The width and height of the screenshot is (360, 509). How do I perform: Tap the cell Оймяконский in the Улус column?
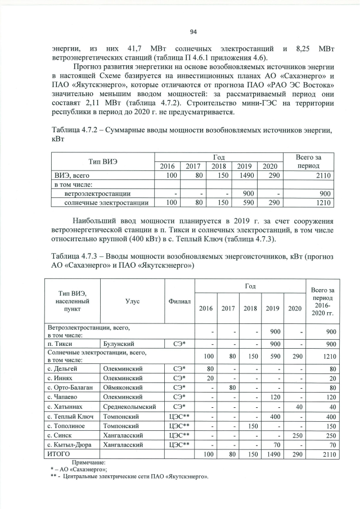[x=121, y=388]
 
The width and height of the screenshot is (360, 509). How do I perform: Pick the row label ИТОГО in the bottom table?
[x=58, y=453]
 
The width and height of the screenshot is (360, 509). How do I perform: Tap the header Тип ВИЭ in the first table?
[x=100, y=161]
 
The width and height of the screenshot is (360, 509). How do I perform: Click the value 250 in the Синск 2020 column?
[x=295, y=435]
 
